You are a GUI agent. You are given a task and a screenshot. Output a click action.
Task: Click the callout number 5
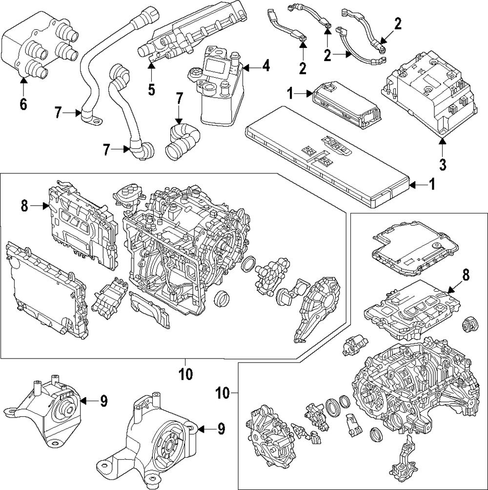(x=151, y=90)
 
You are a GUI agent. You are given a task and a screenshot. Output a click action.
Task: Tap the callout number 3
(x=443, y=164)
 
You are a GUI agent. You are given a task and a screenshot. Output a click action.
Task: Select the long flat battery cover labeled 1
(x=328, y=156)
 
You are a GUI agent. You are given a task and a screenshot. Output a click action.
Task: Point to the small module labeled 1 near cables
(x=348, y=105)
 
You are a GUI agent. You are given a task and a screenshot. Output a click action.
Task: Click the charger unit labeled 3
(x=429, y=94)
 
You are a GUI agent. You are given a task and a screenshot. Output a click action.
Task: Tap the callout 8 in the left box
(x=24, y=206)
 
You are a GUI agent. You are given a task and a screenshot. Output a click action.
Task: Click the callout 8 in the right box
(x=466, y=276)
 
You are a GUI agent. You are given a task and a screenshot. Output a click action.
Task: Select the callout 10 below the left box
(x=185, y=374)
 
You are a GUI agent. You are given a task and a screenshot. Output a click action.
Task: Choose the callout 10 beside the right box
(x=224, y=393)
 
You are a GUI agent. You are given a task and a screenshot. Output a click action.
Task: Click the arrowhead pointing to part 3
(x=443, y=142)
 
